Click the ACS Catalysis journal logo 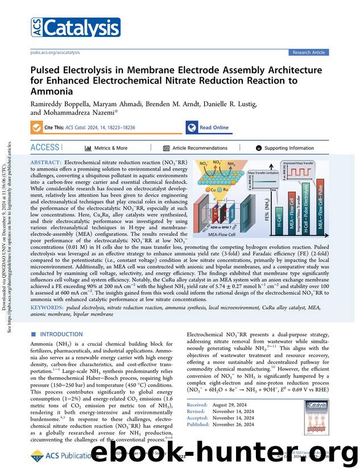click(75, 27)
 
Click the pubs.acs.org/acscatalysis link click(55, 52)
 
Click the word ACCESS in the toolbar click(44, 148)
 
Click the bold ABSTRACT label click(47, 163)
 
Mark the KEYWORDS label click(47, 307)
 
